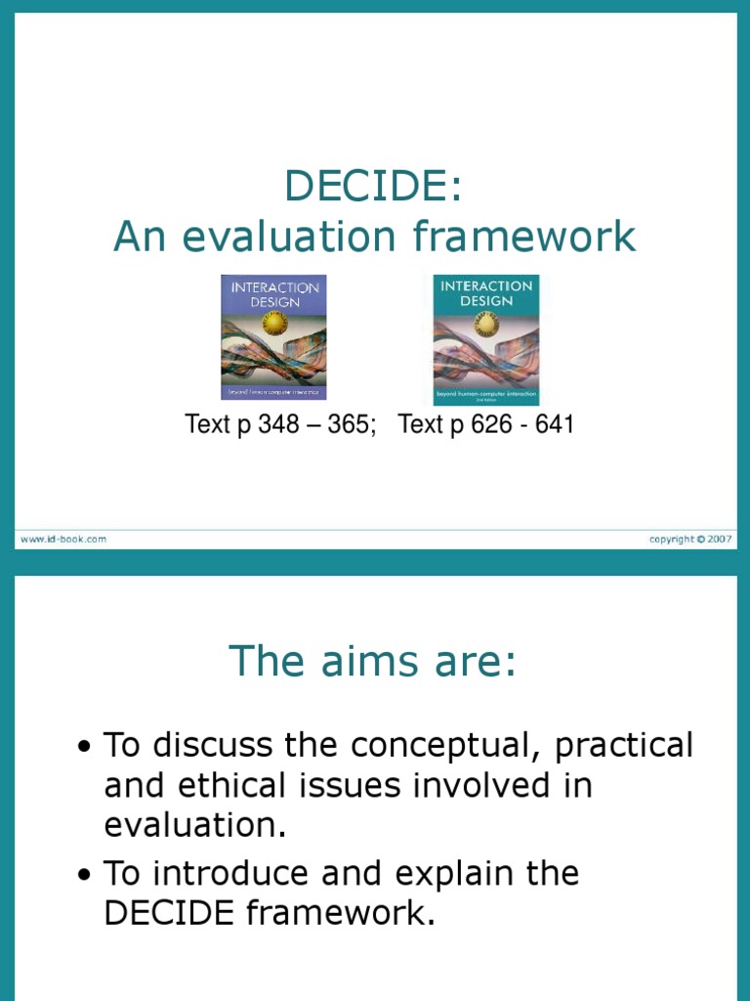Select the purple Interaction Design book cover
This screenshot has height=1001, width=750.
pos(273,337)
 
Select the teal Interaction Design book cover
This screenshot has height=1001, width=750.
pos(486,339)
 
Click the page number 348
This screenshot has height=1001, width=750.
pos(278,425)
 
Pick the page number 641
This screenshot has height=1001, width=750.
pos(552,425)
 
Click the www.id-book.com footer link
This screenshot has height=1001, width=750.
pos(62,539)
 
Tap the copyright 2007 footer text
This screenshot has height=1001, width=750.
pos(692,539)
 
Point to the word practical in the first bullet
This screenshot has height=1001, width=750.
pos(624,746)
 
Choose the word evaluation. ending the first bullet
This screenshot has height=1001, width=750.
pos(195,826)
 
